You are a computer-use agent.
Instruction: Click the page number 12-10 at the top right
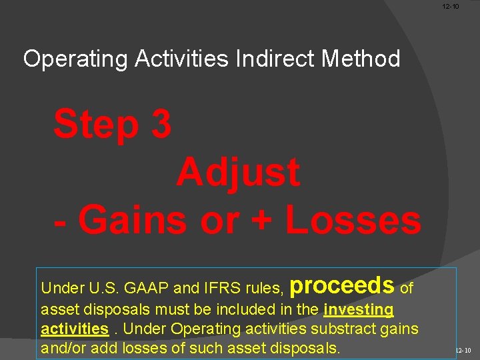[x=451, y=7]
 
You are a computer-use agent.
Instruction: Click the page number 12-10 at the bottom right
[x=463, y=350]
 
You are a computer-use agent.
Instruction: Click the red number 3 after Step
[x=161, y=125]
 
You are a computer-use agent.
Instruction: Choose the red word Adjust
[x=238, y=173]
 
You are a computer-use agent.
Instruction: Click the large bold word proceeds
[x=343, y=285]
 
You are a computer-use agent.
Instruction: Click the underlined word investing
[x=359, y=309]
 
